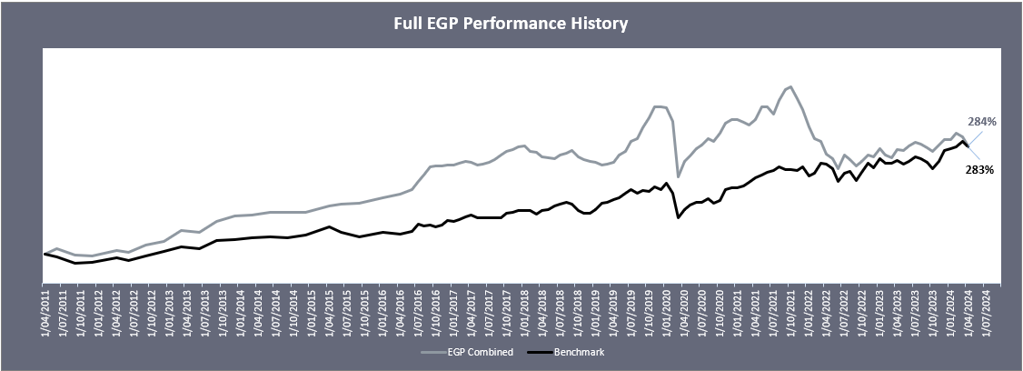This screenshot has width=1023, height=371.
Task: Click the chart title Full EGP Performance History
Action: pyautogui.click(x=511, y=24)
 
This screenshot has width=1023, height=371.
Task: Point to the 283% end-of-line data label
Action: pyautogui.click(x=978, y=169)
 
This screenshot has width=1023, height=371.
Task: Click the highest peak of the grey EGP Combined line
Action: pyautogui.click(x=791, y=87)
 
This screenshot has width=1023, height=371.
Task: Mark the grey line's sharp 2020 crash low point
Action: pyautogui.click(x=678, y=176)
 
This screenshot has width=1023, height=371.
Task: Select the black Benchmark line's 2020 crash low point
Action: pyautogui.click(x=678, y=218)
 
